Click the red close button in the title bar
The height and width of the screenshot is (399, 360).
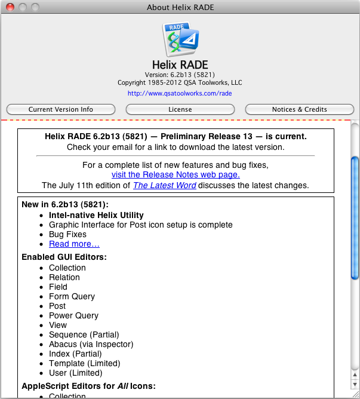coord(10,7)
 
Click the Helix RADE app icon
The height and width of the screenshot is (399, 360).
coord(180,39)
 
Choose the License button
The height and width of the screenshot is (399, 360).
coord(180,109)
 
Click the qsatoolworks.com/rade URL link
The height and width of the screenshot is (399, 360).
coord(180,93)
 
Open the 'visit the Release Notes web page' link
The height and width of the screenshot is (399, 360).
coord(176,174)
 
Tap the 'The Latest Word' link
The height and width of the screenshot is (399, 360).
coord(164,185)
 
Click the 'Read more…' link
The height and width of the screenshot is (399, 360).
coord(74,244)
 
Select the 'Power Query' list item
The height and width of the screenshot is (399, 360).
coord(73,315)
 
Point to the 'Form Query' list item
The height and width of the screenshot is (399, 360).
coord(72,296)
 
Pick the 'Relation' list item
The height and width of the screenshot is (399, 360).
coord(64,277)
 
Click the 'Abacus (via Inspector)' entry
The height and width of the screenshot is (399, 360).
coord(91,344)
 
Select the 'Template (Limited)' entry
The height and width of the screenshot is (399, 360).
coord(84,363)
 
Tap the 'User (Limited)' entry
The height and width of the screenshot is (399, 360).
coord(76,373)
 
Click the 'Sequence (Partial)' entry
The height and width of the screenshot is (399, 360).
coord(84,334)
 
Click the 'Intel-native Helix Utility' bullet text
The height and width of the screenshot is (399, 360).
coord(96,215)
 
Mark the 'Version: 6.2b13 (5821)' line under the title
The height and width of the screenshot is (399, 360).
coord(180,75)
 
